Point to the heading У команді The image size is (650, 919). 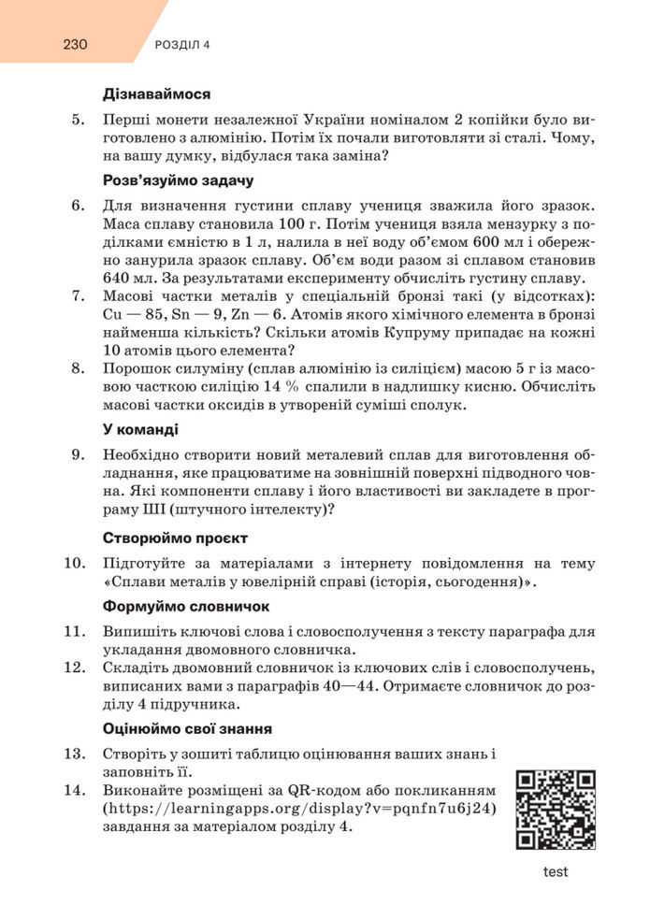pyautogui.click(x=140, y=429)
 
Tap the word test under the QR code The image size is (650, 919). pyautogui.click(x=556, y=871)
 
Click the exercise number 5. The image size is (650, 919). pyautogui.click(x=78, y=120)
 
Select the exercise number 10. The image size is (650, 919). pyautogui.click(x=74, y=564)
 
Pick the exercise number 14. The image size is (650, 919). pyautogui.click(x=74, y=789)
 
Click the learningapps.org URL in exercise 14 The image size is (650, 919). pyautogui.click(x=300, y=807)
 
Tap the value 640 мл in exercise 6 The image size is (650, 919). pyautogui.click(x=126, y=278)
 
